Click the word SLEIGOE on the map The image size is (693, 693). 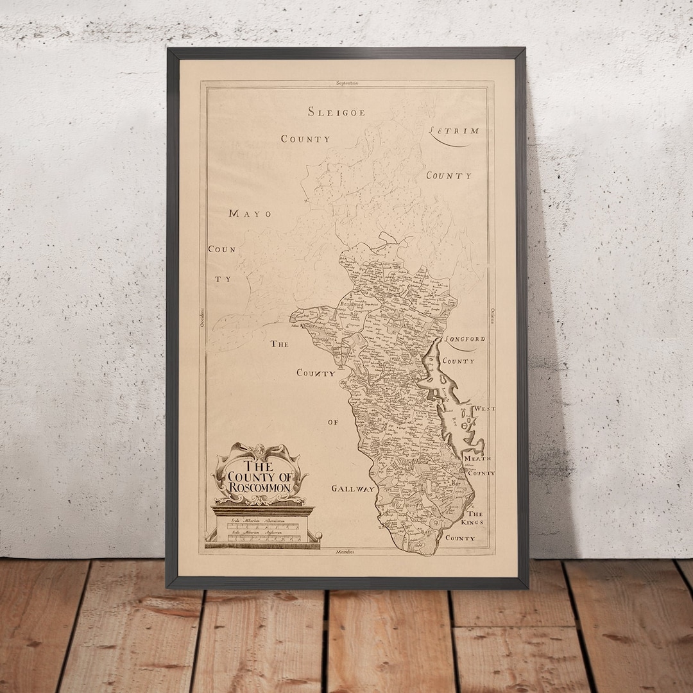pos(336,112)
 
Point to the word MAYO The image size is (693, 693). pos(250,214)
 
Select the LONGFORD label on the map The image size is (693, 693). pos(465,339)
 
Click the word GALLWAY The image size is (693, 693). pos(353,489)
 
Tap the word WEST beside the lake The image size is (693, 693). pos(484,408)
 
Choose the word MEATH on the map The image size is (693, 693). pos(479,458)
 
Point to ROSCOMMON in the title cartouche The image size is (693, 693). pos(261,488)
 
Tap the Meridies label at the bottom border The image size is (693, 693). pos(345,551)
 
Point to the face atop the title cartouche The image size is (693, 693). pos(260,450)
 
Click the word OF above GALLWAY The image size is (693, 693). pos(332,422)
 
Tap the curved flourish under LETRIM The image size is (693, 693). pos(452,142)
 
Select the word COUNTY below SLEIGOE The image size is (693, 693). pos(305,139)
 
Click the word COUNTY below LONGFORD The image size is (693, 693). pos(459,361)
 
